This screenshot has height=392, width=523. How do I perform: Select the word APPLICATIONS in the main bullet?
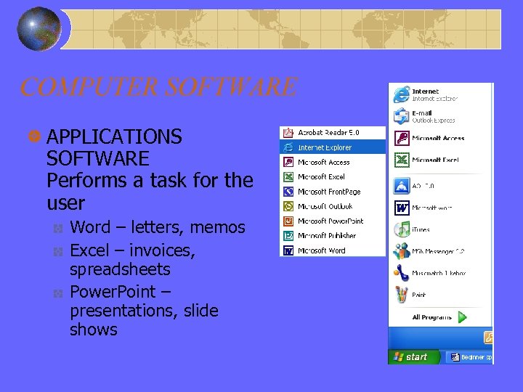pos(114,136)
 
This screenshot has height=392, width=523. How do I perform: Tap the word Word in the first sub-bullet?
pos(89,227)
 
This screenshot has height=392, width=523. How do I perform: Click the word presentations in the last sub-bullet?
pos(113,311)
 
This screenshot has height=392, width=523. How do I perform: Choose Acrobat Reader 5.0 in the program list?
pos(328,133)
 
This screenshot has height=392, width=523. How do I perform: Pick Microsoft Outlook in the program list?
pos(325,206)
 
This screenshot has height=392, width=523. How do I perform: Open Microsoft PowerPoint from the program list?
pos(331,221)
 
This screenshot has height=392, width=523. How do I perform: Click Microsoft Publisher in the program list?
pos(327,236)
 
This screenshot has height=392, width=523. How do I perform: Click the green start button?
pos(410,356)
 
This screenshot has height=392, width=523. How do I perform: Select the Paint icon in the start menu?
pos(402,295)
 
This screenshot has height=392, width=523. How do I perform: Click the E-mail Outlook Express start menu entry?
pos(433,116)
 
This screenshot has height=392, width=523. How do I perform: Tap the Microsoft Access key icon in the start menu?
pos(402,138)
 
